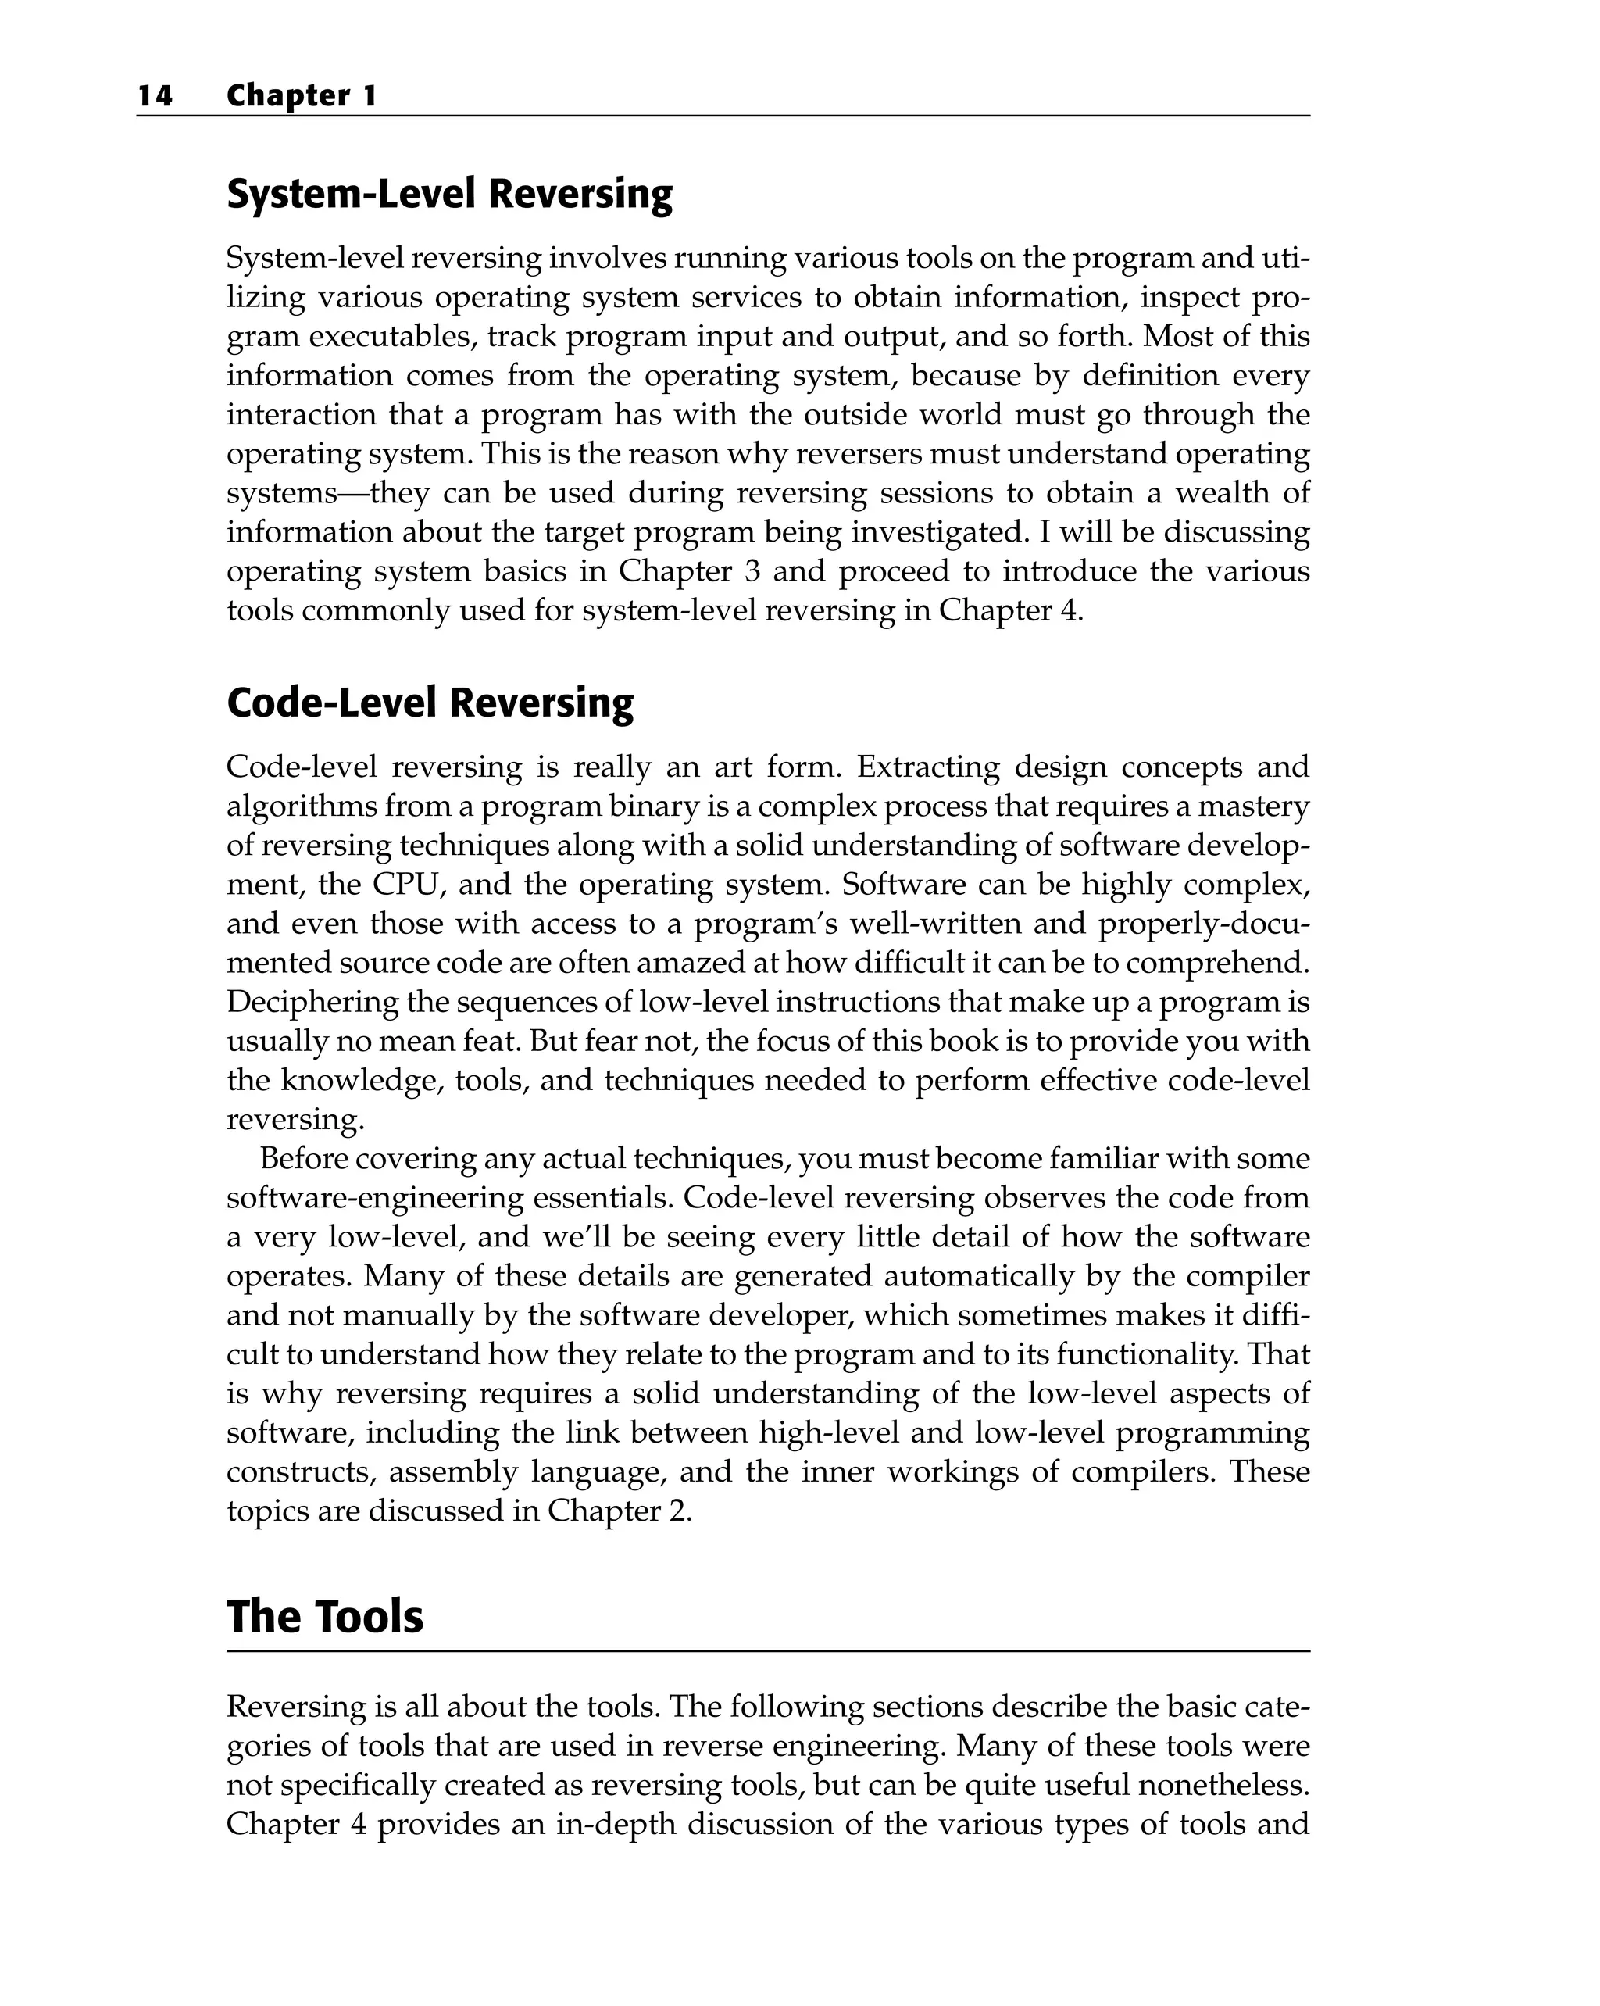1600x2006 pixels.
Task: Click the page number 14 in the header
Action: pyautogui.click(x=155, y=96)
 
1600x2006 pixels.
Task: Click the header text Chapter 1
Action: pyautogui.click(x=302, y=96)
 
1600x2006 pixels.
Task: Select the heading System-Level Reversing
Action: pyautogui.click(x=449, y=194)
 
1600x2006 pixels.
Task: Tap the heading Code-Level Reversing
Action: pyautogui.click(x=430, y=703)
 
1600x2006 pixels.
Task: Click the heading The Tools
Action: pyautogui.click(x=325, y=1617)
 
